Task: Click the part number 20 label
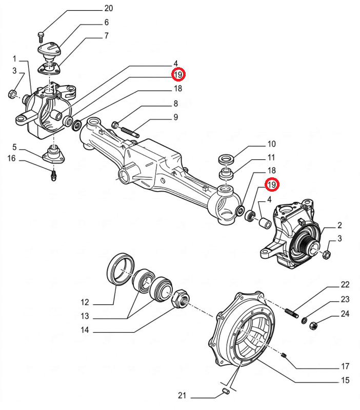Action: (108, 8)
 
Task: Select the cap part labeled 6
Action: (50, 51)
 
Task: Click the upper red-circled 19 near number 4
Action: (178, 75)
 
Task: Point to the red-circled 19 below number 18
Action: (271, 184)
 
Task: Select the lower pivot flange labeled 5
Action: (52, 154)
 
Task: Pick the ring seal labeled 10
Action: (226, 158)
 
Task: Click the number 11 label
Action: (271, 157)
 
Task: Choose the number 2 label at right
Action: (339, 225)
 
